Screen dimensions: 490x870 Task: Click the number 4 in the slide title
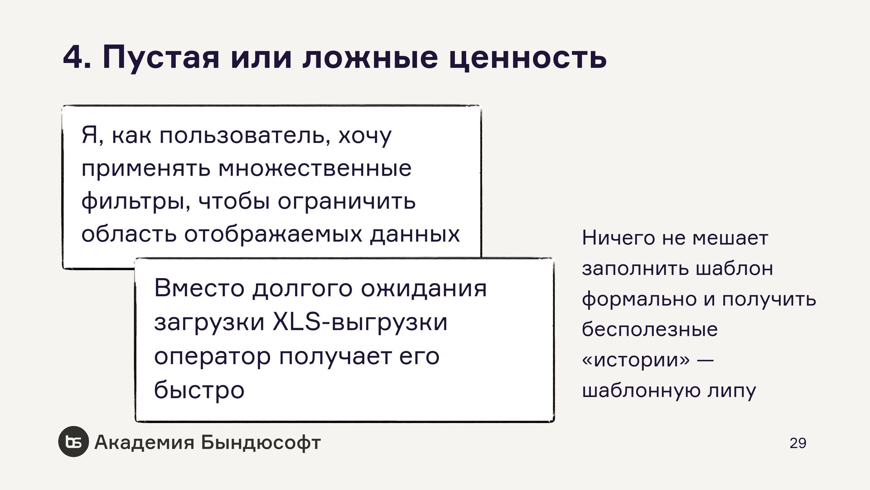click(73, 58)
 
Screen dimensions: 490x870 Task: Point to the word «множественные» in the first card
click(315, 169)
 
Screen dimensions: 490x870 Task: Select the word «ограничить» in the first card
click(346, 202)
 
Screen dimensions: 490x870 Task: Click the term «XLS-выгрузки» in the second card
click(360, 322)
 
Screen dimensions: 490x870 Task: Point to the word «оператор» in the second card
click(212, 356)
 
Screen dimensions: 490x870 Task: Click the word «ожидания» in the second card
click(424, 288)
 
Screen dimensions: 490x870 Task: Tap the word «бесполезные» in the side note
click(649, 329)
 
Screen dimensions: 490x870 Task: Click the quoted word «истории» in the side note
click(636, 360)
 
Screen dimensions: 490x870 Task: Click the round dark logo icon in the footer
click(73, 442)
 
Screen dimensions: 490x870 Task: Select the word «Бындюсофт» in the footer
click(261, 442)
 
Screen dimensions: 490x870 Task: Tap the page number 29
click(797, 443)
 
